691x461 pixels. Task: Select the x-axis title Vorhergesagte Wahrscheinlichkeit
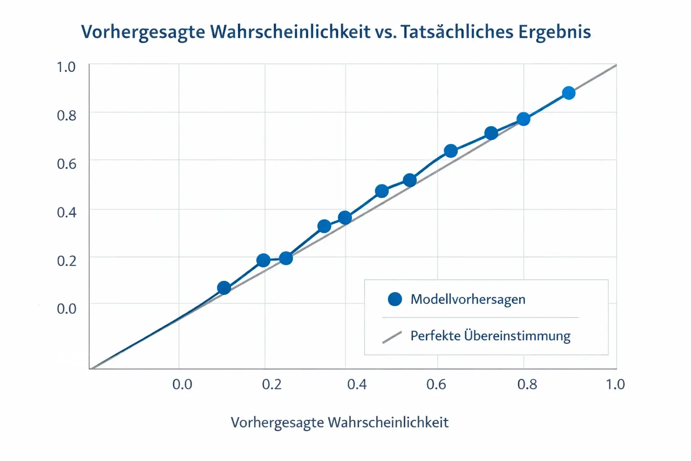pos(340,423)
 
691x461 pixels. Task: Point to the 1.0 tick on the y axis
pos(66,67)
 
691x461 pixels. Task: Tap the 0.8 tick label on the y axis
pos(66,115)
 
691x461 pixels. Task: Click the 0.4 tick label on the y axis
pos(66,212)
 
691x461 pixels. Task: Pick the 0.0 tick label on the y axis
pos(66,308)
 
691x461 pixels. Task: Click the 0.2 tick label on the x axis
pos(272,384)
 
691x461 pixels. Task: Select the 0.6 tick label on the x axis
pos(436,384)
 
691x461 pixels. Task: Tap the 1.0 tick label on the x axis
pos(615,384)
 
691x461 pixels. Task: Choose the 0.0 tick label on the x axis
pos(182,384)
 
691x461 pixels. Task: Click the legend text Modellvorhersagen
pos(468,299)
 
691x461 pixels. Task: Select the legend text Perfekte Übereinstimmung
pos(490,336)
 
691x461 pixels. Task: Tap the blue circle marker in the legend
pos(395,299)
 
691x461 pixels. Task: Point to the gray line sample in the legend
pos(392,337)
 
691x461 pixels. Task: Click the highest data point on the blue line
pos(569,93)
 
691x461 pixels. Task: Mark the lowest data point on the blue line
pos(224,288)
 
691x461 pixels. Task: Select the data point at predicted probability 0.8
pos(523,119)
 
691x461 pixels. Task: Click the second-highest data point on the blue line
pos(523,119)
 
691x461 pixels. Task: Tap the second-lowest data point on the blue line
pos(263,260)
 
